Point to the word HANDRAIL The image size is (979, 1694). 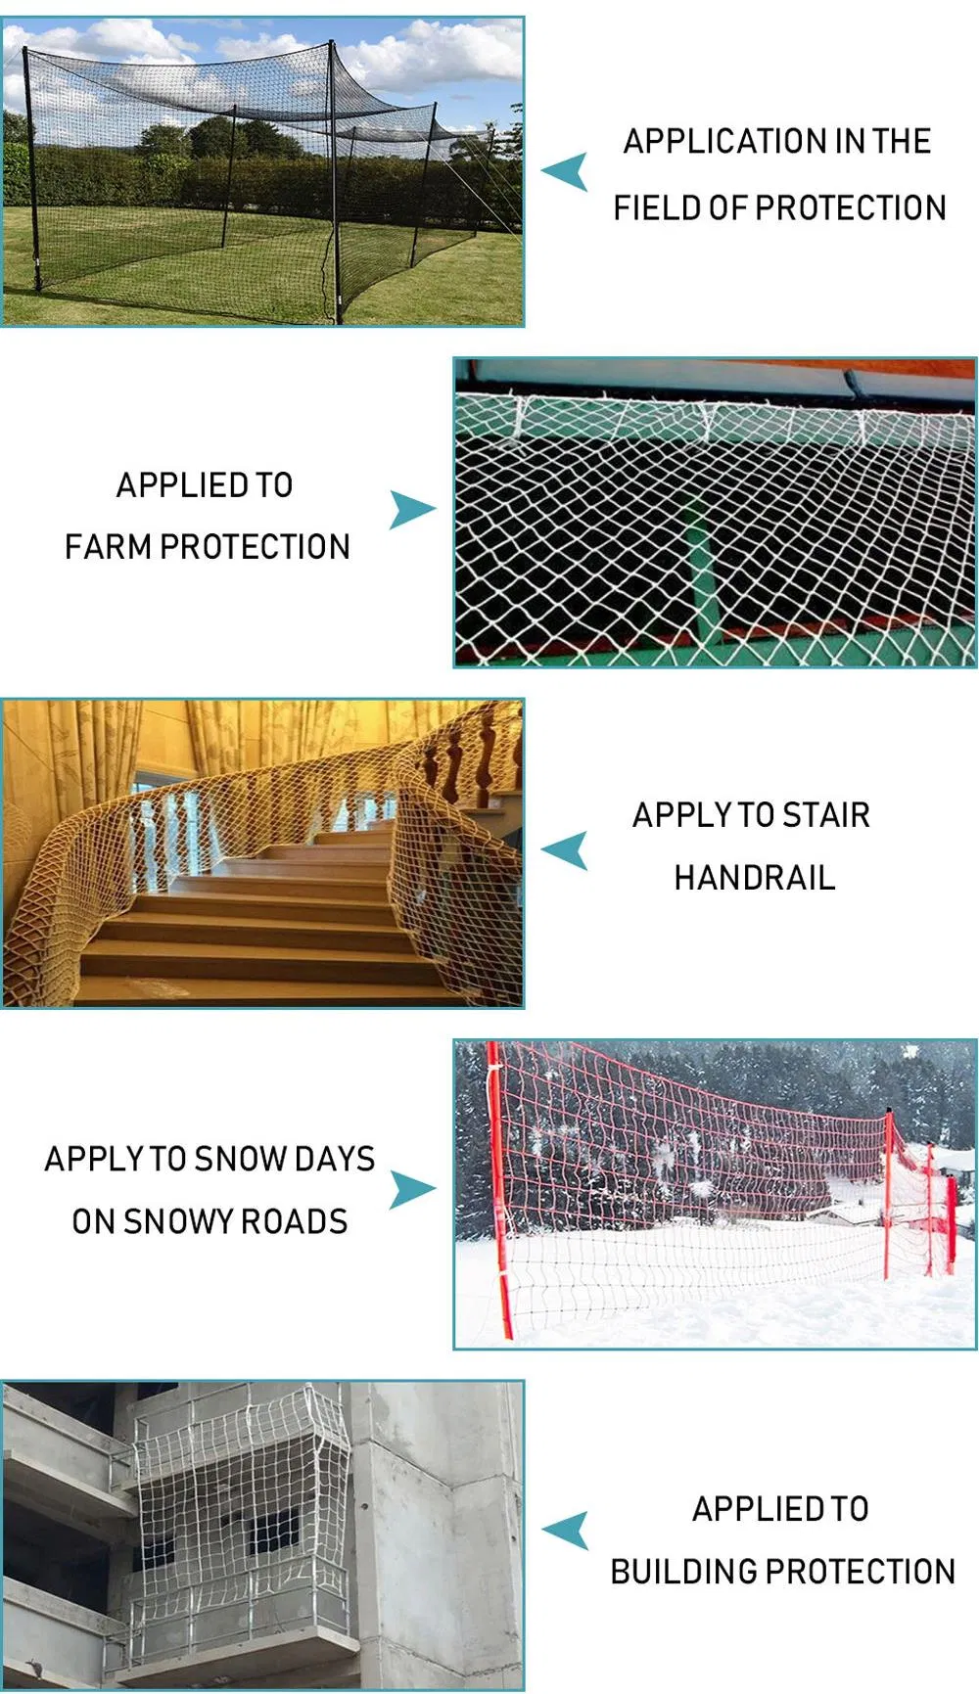click(x=755, y=878)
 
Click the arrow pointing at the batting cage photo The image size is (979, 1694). click(x=567, y=171)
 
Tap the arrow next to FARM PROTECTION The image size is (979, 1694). click(x=411, y=510)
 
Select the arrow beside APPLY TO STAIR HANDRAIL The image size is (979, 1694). click(x=567, y=849)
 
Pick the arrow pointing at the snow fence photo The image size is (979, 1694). click(x=411, y=1189)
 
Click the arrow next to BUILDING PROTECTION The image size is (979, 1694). click(x=567, y=1531)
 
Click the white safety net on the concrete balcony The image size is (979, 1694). click(x=240, y=1507)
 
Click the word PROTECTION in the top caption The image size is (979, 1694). click(x=851, y=208)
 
